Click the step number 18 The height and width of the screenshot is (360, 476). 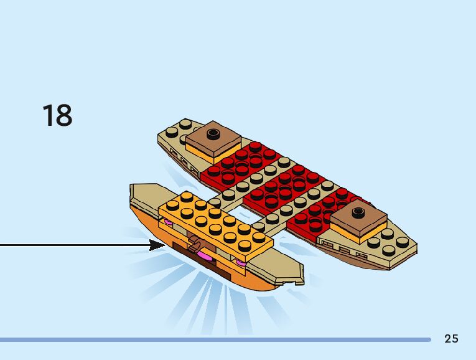coord(57,116)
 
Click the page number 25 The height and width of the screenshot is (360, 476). coord(451,339)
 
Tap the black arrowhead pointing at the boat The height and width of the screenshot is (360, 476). coord(157,245)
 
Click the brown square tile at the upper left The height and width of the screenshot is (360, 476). coord(213,138)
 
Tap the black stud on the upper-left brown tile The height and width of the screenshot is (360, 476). coord(214,132)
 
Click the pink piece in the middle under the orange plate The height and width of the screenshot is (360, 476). coord(203,256)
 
